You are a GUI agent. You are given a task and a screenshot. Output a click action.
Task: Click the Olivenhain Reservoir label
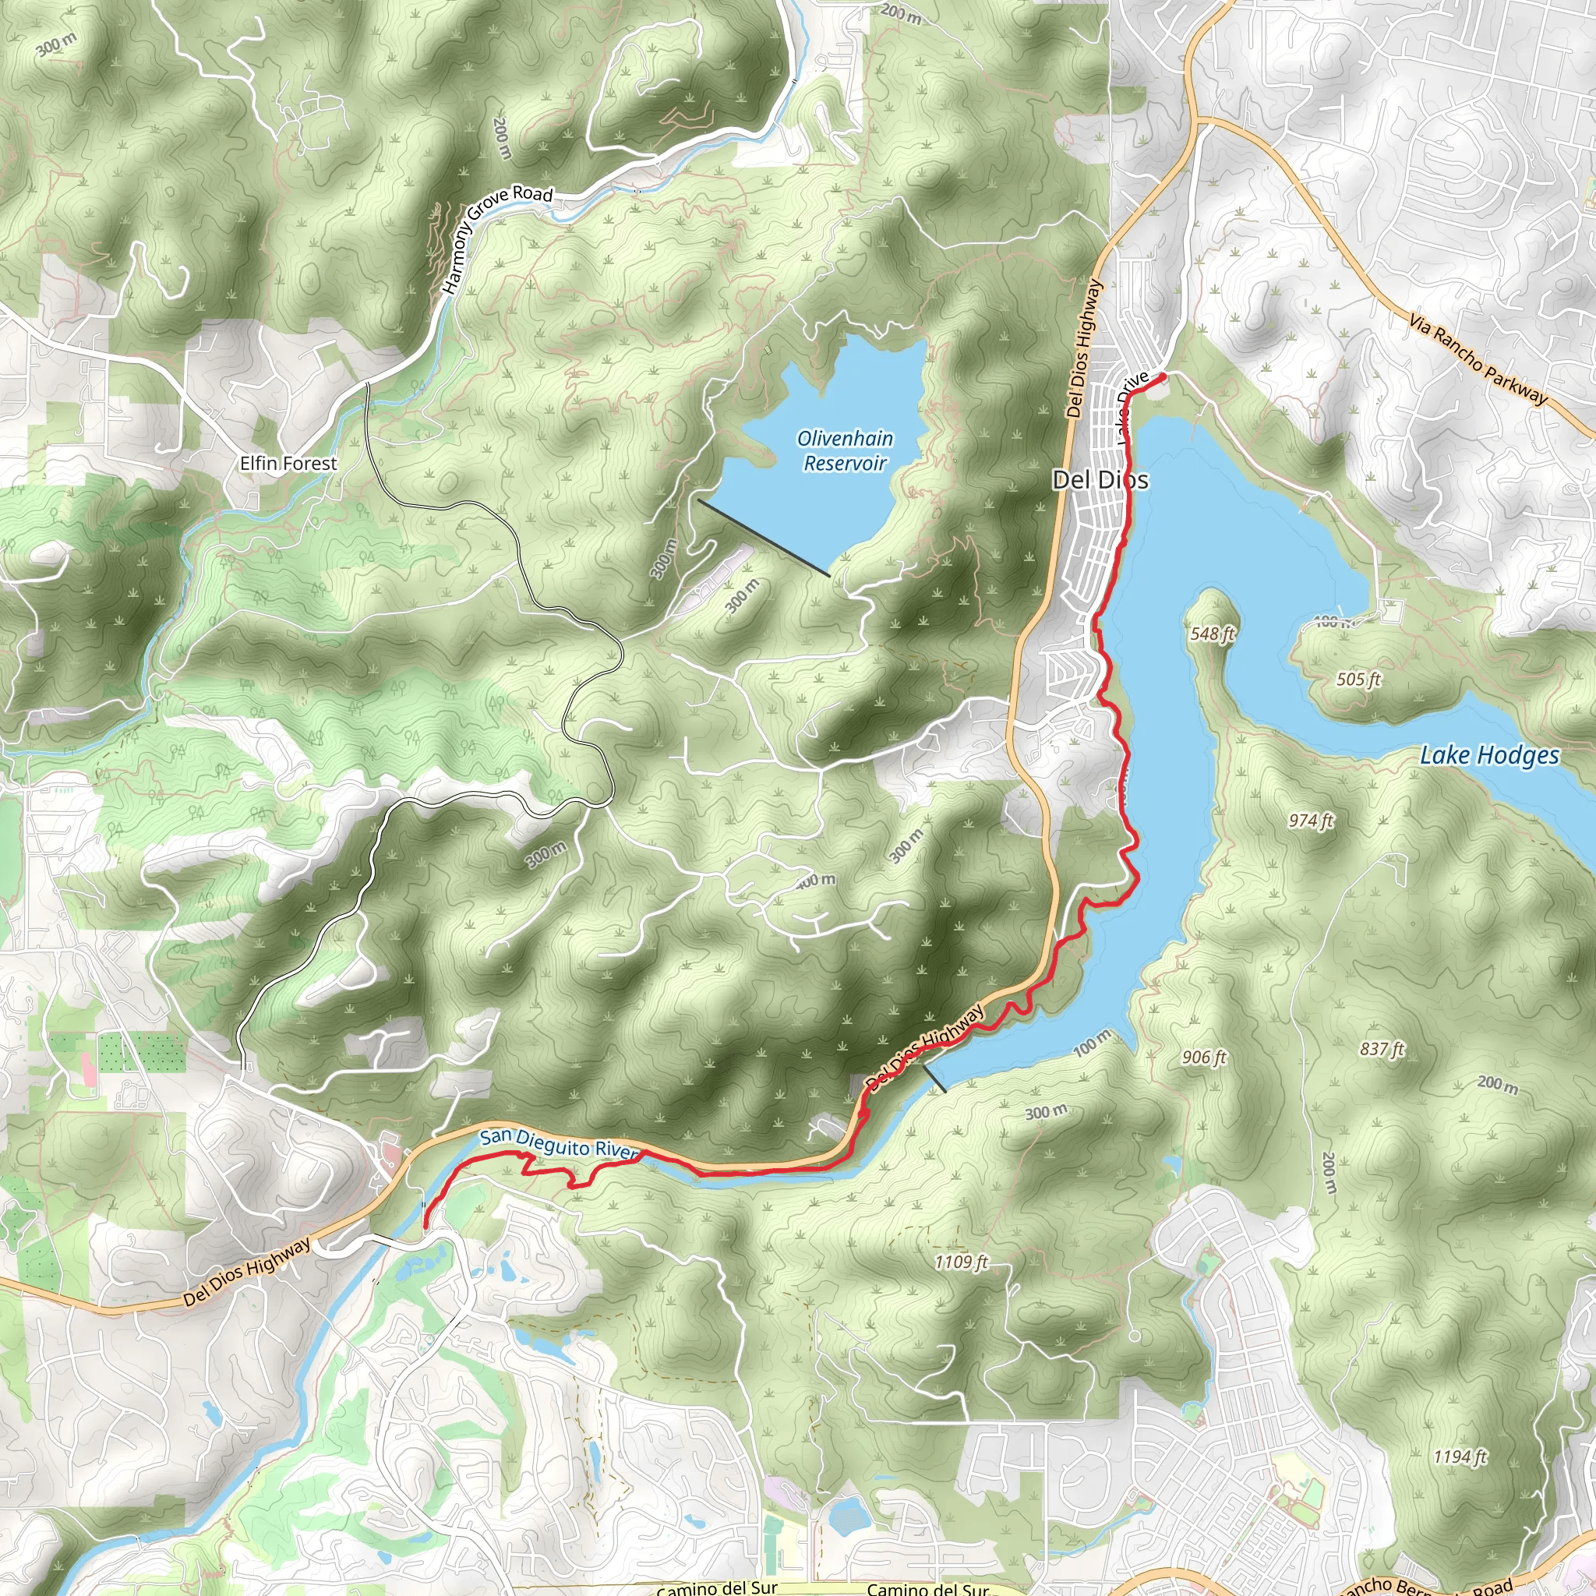(844, 450)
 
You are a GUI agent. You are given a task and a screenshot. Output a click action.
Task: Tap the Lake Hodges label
(1488, 755)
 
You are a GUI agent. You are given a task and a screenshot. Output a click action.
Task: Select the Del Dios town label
(1100, 479)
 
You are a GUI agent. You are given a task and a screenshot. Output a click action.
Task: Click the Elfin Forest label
(288, 464)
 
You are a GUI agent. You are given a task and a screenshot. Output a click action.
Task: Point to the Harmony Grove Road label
(496, 237)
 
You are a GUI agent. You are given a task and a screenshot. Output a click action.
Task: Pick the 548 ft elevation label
(1212, 634)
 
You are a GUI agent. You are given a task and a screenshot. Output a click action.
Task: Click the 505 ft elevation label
(1358, 679)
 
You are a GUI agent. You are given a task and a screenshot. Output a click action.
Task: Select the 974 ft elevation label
(1311, 821)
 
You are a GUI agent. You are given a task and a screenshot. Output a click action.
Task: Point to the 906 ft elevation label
(1203, 1058)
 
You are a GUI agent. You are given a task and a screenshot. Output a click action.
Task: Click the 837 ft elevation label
(1382, 1049)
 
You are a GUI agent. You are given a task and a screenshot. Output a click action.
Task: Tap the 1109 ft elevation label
(962, 1262)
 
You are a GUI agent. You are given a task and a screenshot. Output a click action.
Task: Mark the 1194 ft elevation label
(1460, 1457)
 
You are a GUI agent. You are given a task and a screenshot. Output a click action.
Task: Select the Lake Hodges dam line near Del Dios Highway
(934, 1079)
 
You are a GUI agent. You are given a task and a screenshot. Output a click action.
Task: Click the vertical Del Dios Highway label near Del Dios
(1083, 348)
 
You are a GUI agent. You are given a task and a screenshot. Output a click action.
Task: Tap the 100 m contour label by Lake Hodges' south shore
(1092, 1043)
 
